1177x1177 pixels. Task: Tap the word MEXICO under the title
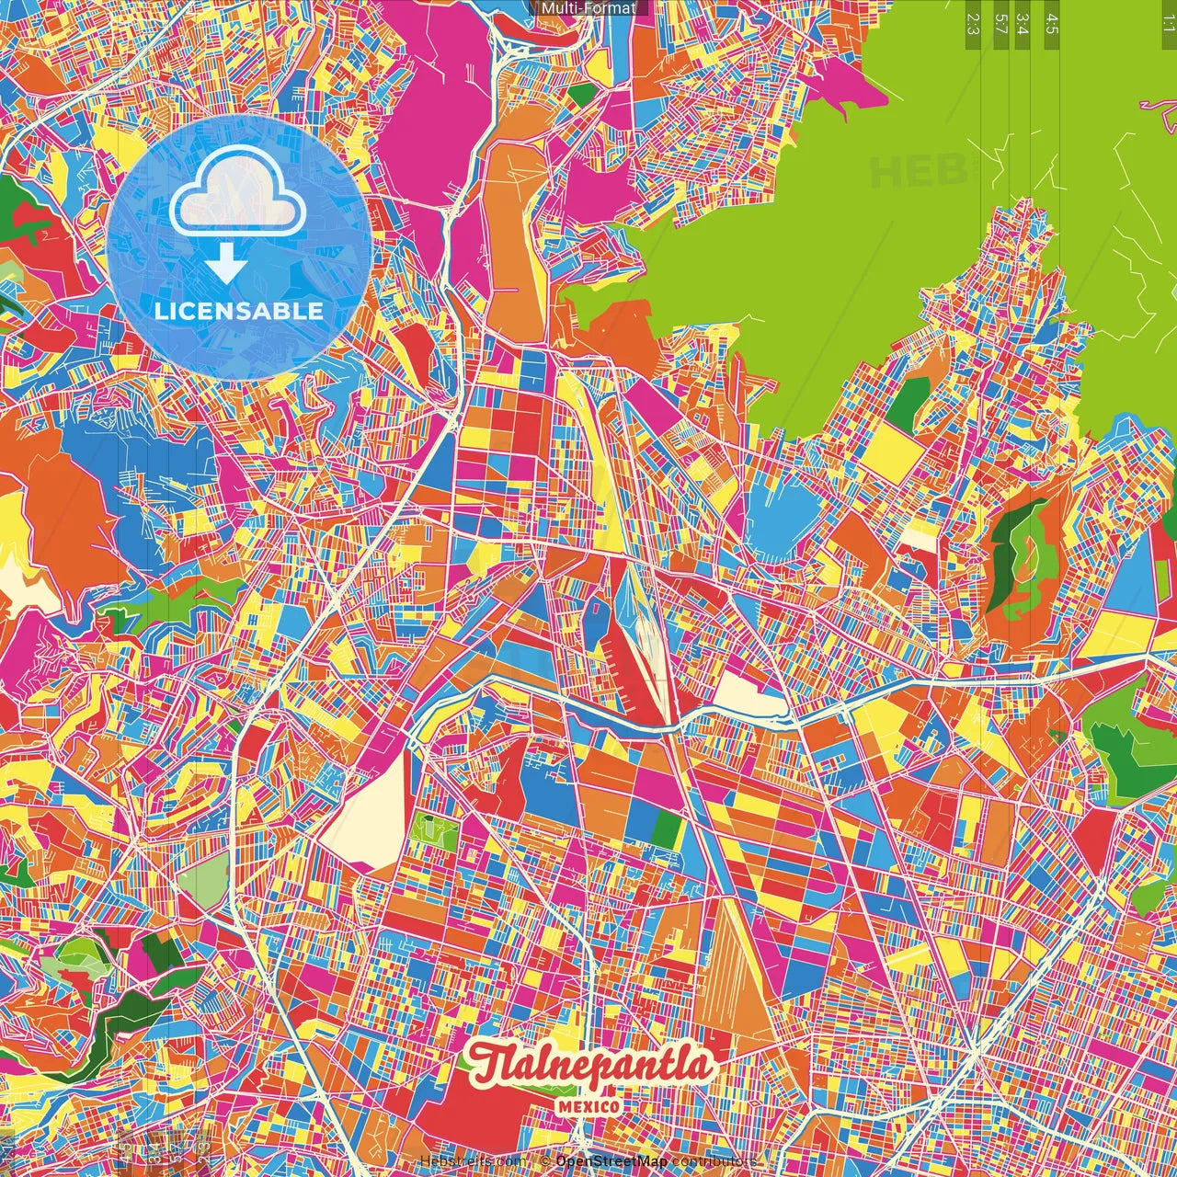click(x=588, y=1106)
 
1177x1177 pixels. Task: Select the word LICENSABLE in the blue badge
click(x=239, y=311)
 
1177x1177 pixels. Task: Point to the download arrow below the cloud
click(x=225, y=265)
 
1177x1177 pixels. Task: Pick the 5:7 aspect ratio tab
click(x=1000, y=24)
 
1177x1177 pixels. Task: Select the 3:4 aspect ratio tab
click(x=1023, y=24)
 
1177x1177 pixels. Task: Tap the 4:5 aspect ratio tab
click(x=1051, y=24)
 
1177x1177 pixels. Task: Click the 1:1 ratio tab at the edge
click(x=1168, y=24)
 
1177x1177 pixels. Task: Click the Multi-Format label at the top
click(x=588, y=8)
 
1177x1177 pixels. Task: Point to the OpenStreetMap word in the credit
click(x=611, y=1161)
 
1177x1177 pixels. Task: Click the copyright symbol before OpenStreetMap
click(x=546, y=1161)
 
